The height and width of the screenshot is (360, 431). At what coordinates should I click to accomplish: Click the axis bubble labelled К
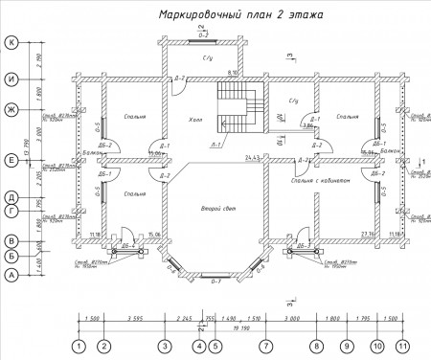pyautogui.click(x=11, y=43)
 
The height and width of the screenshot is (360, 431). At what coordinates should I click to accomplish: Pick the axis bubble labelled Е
pyautogui.click(x=11, y=160)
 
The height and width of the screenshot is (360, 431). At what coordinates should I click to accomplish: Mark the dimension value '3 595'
pyautogui.click(x=134, y=315)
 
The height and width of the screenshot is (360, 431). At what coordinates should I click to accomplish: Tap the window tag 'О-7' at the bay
pyautogui.click(x=216, y=283)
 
